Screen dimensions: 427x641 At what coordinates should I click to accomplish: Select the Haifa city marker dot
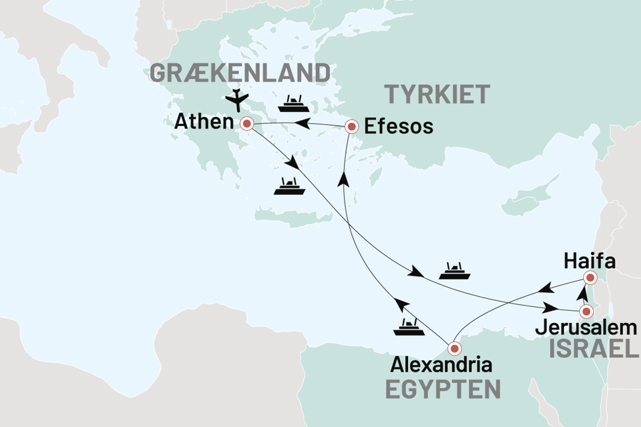click(589, 278)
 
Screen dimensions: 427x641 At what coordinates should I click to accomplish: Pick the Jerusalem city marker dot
click(586, 311)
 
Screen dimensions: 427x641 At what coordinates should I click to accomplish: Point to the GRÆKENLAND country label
click(240, 73)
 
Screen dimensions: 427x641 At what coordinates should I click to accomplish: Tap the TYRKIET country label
click(436, 94)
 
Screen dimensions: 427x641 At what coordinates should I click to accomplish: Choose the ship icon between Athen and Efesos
click(293, 103)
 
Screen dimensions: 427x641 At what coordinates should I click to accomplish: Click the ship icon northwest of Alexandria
click(408, 326)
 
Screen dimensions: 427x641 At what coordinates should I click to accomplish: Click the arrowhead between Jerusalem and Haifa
click(582, 294)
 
